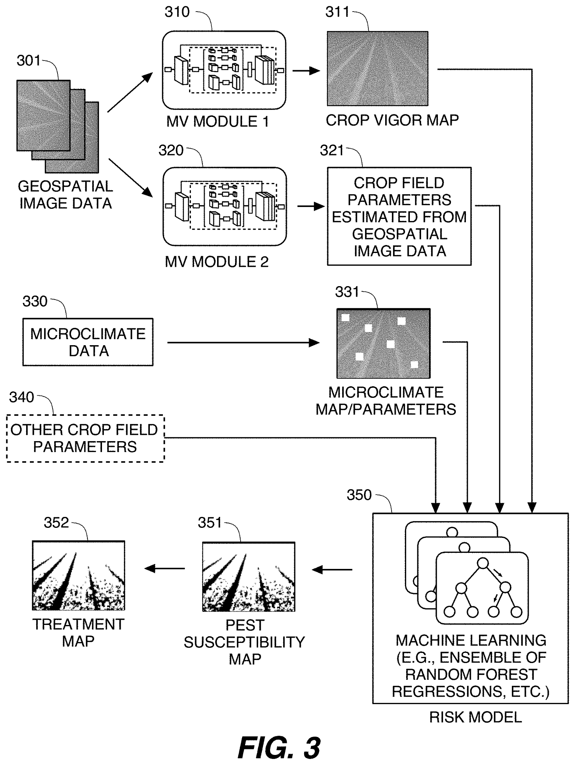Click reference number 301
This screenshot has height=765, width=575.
[28, 61]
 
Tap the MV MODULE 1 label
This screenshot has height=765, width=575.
[217, 122]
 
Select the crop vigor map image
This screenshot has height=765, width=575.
[377, 68]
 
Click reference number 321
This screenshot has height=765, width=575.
[331, 151]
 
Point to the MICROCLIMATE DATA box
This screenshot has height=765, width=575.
[88, 342]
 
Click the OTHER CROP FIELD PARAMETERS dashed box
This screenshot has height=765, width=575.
[85, 439]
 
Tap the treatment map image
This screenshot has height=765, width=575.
[78, 575]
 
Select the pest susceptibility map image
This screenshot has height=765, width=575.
[248, 576]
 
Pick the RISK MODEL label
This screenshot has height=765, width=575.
[475, 717]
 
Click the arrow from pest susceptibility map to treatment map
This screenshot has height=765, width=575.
[165, 569]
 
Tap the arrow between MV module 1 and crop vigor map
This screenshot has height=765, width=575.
[306, 71]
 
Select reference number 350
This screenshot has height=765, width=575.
[359, 495]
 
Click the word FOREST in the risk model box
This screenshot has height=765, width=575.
[508, 675]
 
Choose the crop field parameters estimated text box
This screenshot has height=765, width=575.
[399, 216]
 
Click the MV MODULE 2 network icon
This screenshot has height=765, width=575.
[225, 206]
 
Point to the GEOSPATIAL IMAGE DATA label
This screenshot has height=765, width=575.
[65, 195]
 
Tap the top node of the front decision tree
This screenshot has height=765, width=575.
[482, 563]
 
